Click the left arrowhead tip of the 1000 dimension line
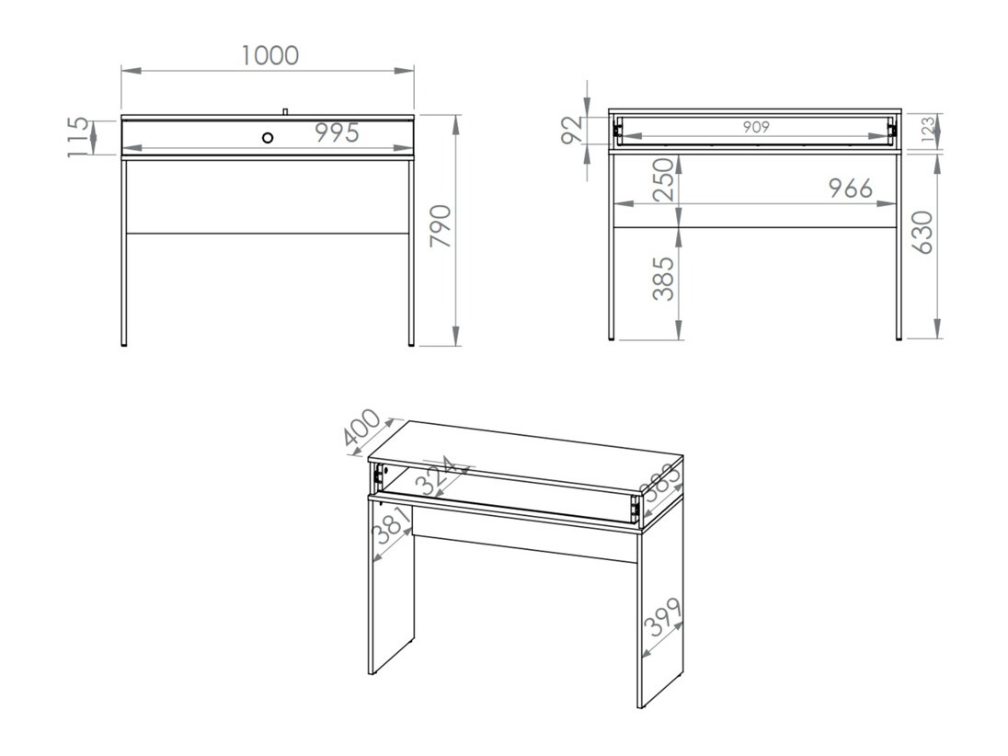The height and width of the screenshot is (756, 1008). [x=121, y=71]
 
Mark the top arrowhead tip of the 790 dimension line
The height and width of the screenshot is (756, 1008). [x=456, y=116]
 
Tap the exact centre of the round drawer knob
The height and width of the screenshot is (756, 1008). [x=268, y=137]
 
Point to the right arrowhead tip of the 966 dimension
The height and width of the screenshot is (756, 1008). [x=897, y=204]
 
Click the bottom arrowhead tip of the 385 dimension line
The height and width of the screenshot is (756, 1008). [x=678, y=339]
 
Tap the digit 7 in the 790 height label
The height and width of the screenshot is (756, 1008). [x=441, y=239]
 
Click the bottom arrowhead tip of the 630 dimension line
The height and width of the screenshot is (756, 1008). [x=937, y=338]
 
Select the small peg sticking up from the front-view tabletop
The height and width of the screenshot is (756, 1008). [x=285, y=112]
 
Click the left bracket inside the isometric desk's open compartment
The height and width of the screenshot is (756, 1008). [x=379, y=475]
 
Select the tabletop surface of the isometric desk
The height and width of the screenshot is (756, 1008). [x=525, y=457]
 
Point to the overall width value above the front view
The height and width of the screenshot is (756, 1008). [x=270, y=56]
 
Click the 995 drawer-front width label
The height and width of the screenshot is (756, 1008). [x=337, y=133]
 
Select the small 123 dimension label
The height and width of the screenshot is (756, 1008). [x=928, y=130]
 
